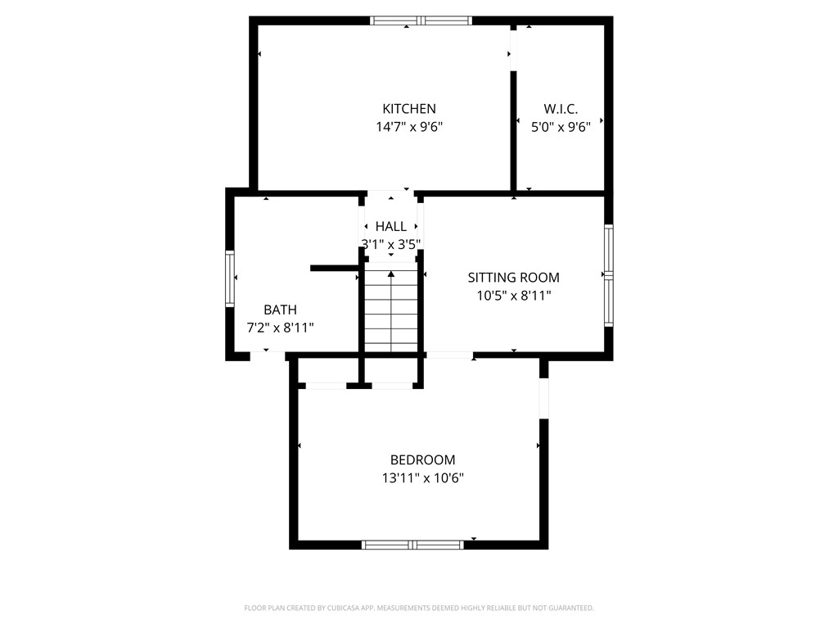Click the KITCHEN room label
point(409,109)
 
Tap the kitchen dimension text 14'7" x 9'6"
point(409,127)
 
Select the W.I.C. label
point(561,109)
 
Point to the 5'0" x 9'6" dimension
point(561,127)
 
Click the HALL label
point(391,226)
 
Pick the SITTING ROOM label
point(513,278)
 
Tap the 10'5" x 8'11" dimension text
point(513,296)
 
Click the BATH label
point(280,310)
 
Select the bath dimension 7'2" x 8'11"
point(280,328)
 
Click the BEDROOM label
point(422,460)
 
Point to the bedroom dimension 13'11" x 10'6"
point(422,478)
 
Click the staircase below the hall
point(391,315)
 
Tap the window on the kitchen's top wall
point(421,20)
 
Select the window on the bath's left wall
point(230,278)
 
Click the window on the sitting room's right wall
point(608,276)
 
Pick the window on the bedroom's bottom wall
point(412,545)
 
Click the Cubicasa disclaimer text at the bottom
point(419,608)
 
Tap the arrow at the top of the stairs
point(391,274)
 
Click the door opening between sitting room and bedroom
point(449,355)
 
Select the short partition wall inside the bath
point(334,268)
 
